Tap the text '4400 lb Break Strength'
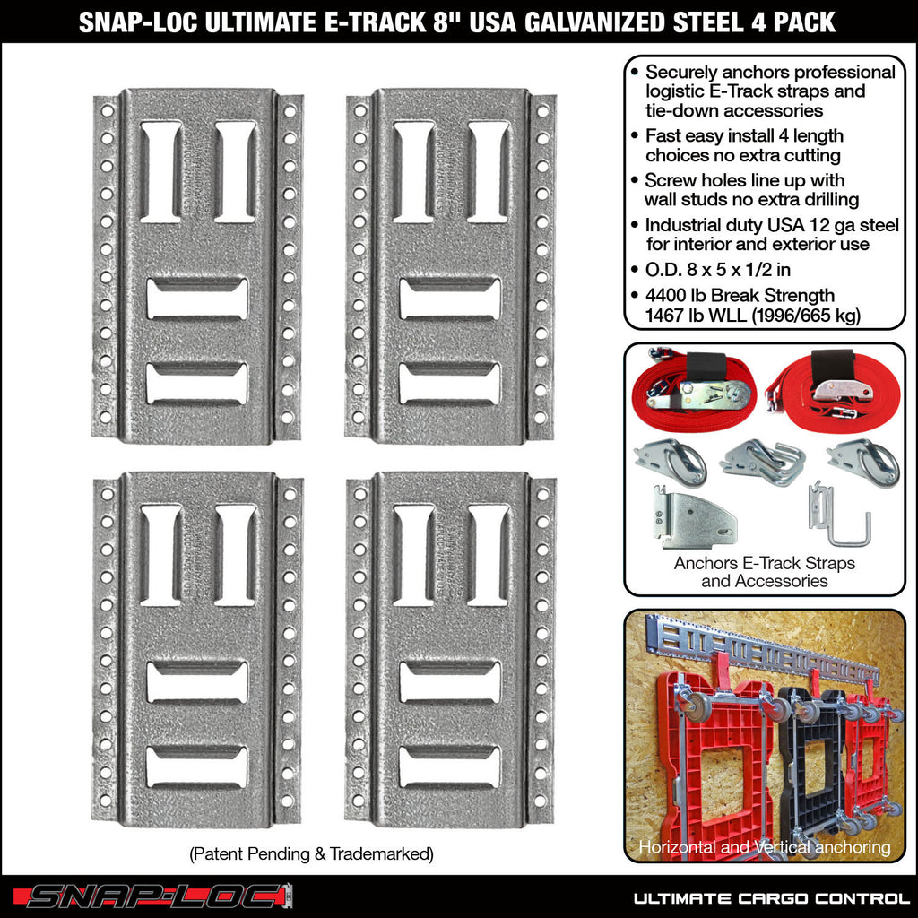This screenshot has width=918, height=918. click(x=740, y=295)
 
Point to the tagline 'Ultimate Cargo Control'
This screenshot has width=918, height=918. click(x=771, y=897)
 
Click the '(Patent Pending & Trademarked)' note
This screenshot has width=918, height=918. click(x=311, y=854)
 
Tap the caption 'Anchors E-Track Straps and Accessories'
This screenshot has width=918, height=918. click(x=764, y=572)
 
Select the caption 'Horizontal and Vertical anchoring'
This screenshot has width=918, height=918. click(x=764, y=847)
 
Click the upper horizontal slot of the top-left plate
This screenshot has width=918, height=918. click(x=197, y=299)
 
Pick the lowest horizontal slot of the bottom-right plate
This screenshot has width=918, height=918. click(x=450, y=766)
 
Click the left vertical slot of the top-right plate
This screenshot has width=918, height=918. click(x=414, y=172)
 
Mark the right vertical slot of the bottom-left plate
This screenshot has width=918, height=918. click(x=235, y=555)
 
